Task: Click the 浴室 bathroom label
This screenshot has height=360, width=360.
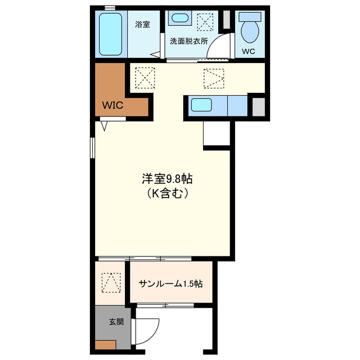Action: click(142, 24)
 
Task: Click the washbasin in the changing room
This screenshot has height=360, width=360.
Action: click(181, 18)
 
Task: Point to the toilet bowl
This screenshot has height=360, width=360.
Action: click(249, 28)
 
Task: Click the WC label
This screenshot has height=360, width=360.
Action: click(249, 51)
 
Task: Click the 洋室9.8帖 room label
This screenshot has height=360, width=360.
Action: click(167, 179)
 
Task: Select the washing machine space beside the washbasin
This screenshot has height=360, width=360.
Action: click(206, 23)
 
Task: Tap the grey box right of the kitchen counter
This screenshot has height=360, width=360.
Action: click(258, 106)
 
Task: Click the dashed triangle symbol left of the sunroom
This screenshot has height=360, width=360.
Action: click(111, 282)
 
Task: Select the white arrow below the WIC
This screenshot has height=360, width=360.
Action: click(105, 126)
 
